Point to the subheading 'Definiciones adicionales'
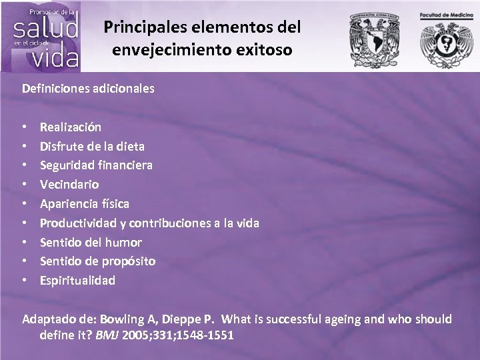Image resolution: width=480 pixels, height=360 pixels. (88, 87)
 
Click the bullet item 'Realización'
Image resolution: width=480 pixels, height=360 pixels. (71, 126)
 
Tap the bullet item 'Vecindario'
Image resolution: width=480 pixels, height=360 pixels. (69, 184)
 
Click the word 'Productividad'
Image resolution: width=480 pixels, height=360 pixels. (77, 223)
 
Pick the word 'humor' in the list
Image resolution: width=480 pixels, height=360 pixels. (124, 242)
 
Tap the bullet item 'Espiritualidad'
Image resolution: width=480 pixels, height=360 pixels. (77, 281)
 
